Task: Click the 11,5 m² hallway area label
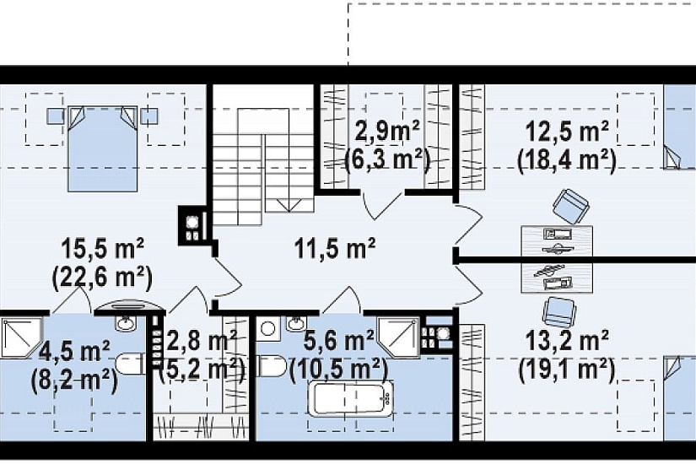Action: (x=335, y=248)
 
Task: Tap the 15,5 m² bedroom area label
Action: (x=103, y=249)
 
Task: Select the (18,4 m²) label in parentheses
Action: (x=567, y=160)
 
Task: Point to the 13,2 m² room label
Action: (x=567, y=341)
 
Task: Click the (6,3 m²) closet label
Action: (x=387, y=160)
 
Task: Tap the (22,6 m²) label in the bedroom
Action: (x=103, y=278)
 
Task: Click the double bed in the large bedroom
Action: (x=102, y=148)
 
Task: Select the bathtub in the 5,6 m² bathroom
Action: (x=351, y=399)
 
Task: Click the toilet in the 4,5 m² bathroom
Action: (x=130, y=364)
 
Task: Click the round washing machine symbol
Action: (x=267, y=328)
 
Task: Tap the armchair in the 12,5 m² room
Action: (x=571, y=206)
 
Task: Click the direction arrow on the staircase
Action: (x=289, y=205)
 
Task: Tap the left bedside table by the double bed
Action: (x=55, y=116)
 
